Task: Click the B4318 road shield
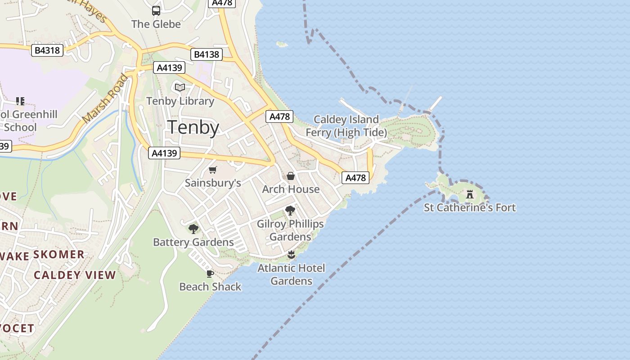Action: coord(47,50)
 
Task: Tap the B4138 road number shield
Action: coord(207,54)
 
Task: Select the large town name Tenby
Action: coord(193,127)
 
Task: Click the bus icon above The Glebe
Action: coord(156,11)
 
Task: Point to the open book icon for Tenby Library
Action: coord(180,87)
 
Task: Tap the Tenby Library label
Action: coord(180,101)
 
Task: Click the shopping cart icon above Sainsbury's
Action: coord(213,170)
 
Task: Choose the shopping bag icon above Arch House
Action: coord(291,176)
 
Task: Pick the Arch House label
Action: coord(291,189)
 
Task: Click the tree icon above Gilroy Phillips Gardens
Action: coord(290,210)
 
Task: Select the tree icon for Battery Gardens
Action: coord(193,229)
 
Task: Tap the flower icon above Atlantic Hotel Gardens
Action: coord(291,255)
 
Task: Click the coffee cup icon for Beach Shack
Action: coord(210,274)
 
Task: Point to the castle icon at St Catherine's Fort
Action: coord(470,194)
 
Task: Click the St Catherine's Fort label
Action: coord(470,207)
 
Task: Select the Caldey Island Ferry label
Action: coord(346,126)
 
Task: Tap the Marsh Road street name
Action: coord(105,99)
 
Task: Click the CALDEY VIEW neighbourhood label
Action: coord(75,275)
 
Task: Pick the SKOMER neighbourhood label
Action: coord(59,254)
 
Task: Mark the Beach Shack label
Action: coord(210,287)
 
